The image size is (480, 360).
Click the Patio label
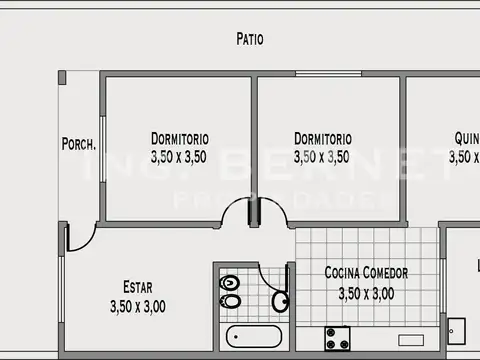pos(250,40)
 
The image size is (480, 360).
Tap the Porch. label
pos(79,144)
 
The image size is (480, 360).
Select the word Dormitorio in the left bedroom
pos(179,138)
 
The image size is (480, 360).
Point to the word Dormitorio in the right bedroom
pos(322,138)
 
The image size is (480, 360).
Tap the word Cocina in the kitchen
pos(344,273)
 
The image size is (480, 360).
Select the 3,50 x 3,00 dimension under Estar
pos(138,307)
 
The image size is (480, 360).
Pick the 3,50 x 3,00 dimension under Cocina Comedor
pos(366,293)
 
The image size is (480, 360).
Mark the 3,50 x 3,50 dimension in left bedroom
pos(179,157)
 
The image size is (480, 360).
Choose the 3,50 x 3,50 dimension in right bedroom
pos(322,157)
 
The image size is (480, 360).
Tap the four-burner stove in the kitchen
pos(335,338)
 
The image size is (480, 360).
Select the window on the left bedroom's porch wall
pos(100,150)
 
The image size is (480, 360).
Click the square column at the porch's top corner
pos(62,77)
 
